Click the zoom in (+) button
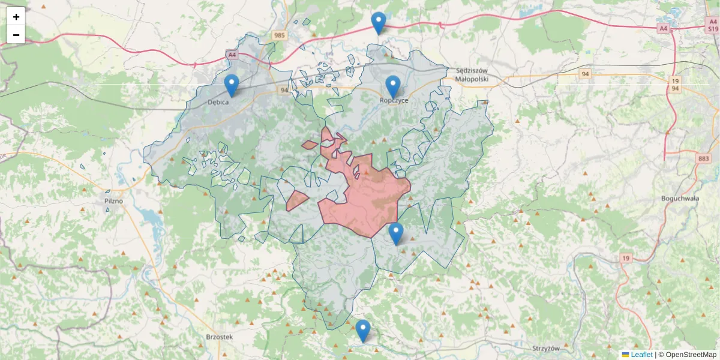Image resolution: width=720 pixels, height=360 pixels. tap(16, 17)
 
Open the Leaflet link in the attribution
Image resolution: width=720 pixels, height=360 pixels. tap(641, 355)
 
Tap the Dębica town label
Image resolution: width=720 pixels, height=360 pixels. tap(218, 102)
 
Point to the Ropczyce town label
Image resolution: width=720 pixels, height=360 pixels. tap(394, 100)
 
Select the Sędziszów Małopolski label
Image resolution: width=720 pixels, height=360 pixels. tap(472, 74)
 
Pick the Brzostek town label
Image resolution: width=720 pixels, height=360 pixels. tap(218, 337)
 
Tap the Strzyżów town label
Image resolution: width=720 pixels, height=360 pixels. tap(545, 349)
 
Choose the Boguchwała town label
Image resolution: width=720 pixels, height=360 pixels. tap(680, 198)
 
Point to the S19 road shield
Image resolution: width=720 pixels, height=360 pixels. tap(712, 28)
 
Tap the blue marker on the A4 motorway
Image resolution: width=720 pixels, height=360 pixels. tap(378, 23)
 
